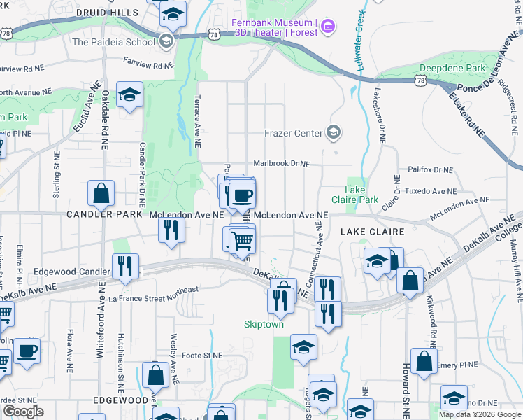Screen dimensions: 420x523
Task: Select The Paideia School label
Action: pyautogui.click(x=113, y=41)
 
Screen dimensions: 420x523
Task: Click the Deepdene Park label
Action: pyautogui.click(x=452, y=69)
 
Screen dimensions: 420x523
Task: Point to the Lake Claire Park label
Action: pyautogui.click(x=361, y=195)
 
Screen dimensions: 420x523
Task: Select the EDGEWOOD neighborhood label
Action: pyautogui.click(x=120, y=400)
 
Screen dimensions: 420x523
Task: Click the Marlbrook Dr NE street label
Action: pyautogui.click(x=281, y=163)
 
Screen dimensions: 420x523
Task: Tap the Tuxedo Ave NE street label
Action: pyautogui.click(x=431, y=190)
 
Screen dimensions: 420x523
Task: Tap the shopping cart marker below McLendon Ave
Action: pyautogui.click(x=242, y=241)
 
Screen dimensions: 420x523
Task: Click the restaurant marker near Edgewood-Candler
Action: pyautogui.click(x=126, y=267)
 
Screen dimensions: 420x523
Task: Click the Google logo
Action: pyautogui.click(x=23, y=412)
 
